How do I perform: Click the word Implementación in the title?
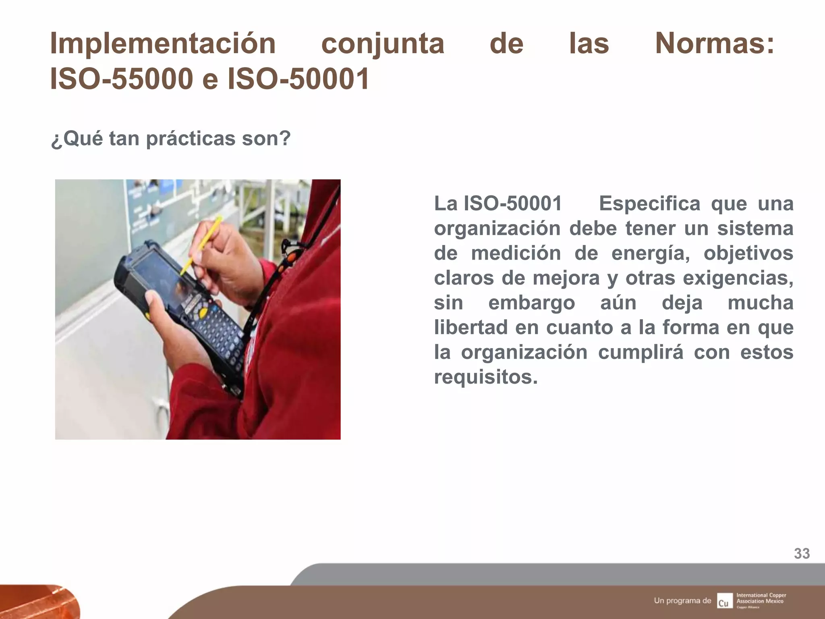coord(163,44)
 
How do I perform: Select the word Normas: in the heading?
coord(714,44)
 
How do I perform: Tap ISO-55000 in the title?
coord(121,79)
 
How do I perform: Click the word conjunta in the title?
coord(383,44)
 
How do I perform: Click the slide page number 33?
coord(802,554)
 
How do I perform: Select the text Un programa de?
coord(682,600)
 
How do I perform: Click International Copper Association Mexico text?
coord(761,598)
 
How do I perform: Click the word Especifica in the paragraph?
coord(649,204)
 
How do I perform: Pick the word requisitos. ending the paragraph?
coord(486,377)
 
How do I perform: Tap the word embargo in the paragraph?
coord(531,303)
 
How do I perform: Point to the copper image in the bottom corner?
coord(38,601)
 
